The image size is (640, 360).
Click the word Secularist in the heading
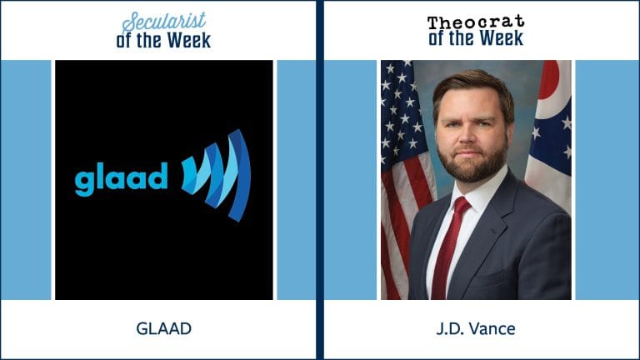point(163,22)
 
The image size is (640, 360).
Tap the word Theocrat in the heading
point(476,22)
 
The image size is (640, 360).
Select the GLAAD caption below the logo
point(163,328)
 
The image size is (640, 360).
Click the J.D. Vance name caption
point(476,328)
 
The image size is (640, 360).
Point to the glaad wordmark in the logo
point(121,179)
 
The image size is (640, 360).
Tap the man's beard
point(473,159)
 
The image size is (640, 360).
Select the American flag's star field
point(398,110)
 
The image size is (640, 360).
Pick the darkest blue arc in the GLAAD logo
point(240,176)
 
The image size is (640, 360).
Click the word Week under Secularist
point(189,41)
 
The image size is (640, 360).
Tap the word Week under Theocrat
point(501,38)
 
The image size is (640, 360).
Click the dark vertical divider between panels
point(320,180)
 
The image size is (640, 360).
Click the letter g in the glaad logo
point(84,183)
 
